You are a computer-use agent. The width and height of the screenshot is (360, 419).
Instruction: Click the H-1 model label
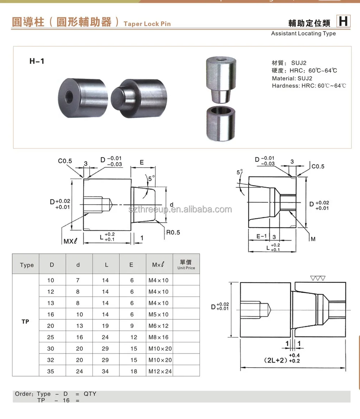click(x=37, y=61)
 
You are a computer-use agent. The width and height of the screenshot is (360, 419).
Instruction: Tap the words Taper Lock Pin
click(x=147, y=24)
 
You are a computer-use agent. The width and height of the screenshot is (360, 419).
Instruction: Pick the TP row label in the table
click(x=25, y=322)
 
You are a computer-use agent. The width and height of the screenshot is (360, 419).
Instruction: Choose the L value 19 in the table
click(x=105, y=326)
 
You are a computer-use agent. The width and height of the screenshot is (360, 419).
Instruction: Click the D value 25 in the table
click(x=51, y=337)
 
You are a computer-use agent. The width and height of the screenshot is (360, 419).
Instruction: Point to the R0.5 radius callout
click(x=173, y=232)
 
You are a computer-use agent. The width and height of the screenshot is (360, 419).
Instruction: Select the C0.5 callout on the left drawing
click(x=65, y=161)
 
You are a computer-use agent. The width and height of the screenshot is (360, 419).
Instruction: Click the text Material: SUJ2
click(x=292, y=78)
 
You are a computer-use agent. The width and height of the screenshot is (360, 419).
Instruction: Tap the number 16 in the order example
click(x=66, y=400)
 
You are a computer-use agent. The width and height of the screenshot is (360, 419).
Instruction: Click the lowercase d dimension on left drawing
click(x=171, y=205)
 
